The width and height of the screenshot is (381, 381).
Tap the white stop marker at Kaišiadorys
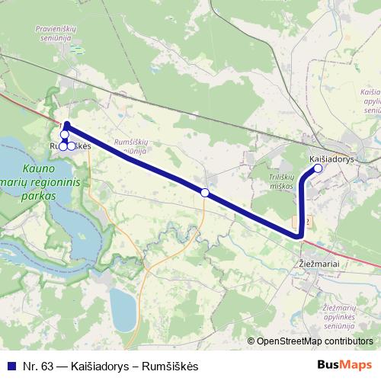point(319,170)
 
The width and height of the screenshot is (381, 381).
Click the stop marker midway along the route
point(204,193)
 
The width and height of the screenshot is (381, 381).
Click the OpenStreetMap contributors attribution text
point(315,341)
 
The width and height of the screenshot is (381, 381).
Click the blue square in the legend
point(10,367)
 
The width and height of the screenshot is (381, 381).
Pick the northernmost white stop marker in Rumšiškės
point(65,135)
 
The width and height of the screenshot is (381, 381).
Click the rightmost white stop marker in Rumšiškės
point(72,146)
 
